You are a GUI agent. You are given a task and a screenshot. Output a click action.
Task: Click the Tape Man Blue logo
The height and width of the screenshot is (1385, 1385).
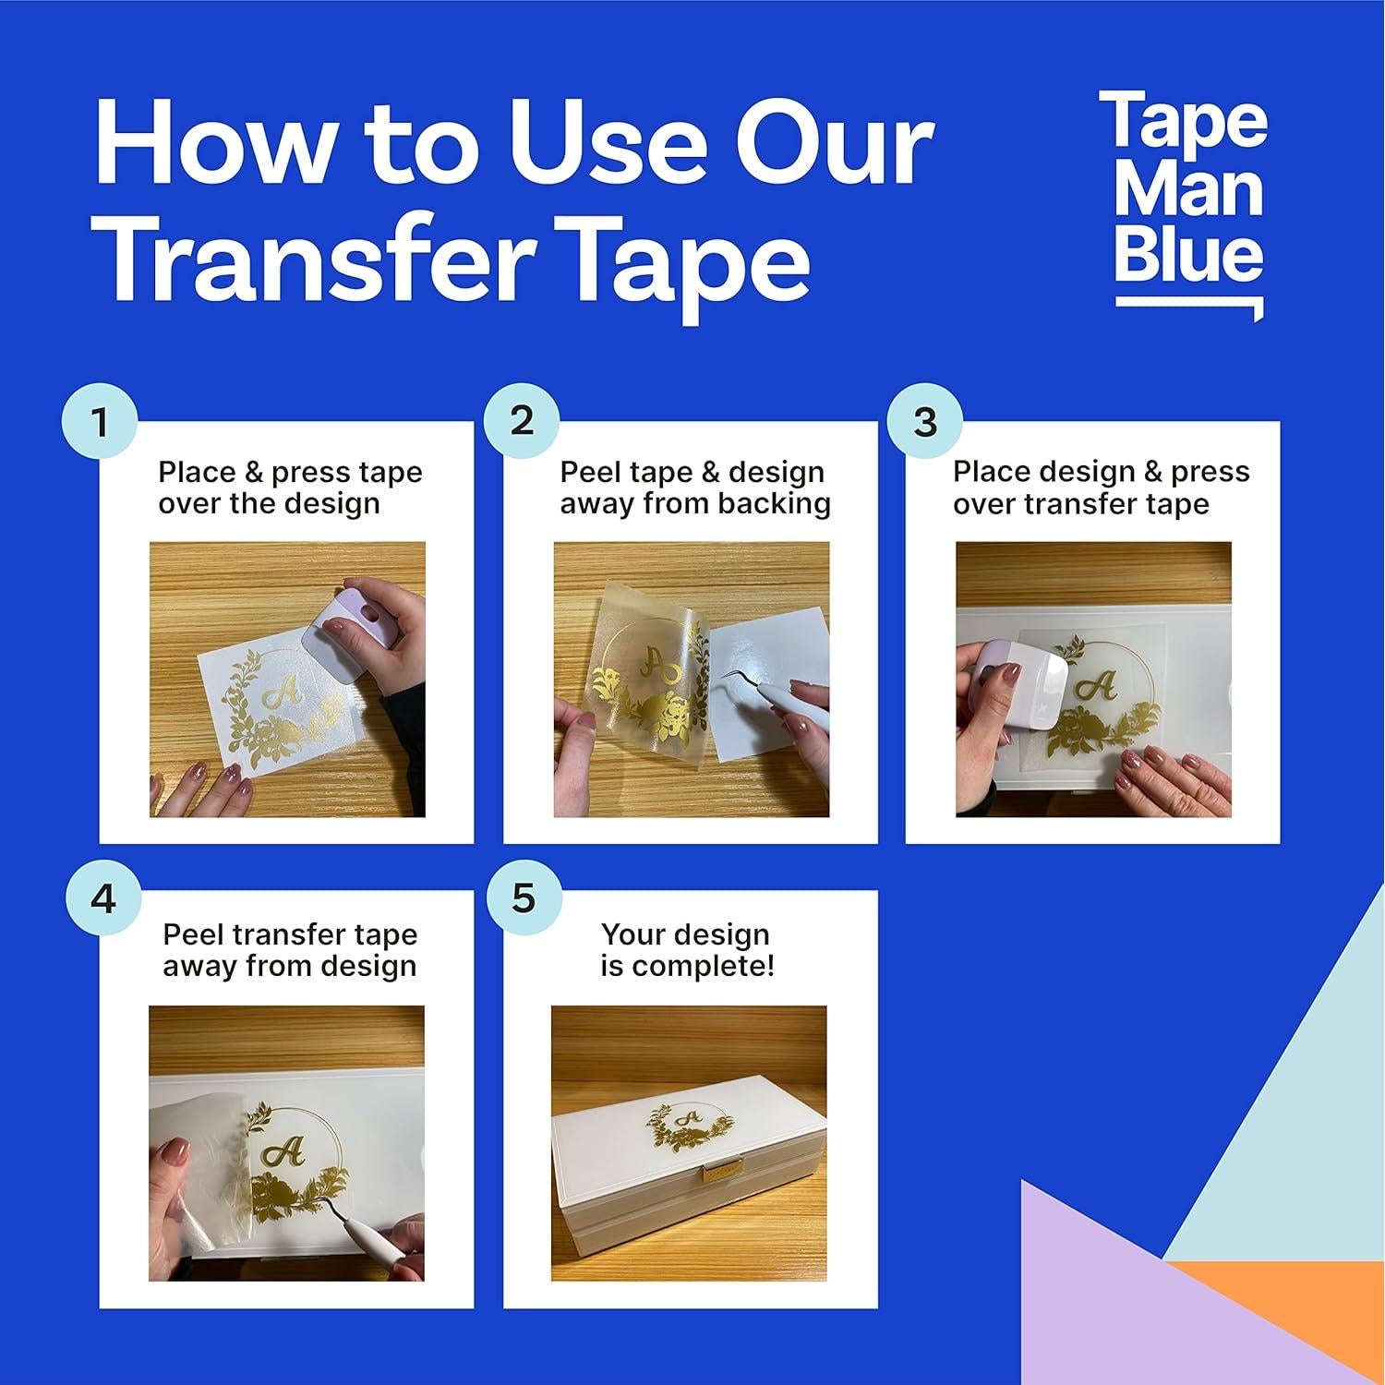point(1188,199)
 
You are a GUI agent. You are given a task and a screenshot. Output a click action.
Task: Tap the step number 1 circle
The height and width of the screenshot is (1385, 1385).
point(100,422)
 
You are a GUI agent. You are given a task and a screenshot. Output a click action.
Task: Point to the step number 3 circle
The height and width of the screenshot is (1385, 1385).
point(924,422)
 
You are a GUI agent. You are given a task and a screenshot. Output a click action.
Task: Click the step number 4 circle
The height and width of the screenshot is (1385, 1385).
point(103,897)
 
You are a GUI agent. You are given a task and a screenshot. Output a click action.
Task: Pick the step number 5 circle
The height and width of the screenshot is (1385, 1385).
point(523,897)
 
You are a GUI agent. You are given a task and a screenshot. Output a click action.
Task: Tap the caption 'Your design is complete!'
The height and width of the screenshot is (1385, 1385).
point(687,950)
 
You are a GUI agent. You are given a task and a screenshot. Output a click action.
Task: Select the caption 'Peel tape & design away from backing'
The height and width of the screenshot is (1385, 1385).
point(694,488)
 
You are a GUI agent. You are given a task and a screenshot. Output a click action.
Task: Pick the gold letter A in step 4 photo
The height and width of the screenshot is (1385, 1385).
point(283,1152)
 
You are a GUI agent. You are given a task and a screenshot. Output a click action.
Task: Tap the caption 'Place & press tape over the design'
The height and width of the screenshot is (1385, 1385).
point(289,488)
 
